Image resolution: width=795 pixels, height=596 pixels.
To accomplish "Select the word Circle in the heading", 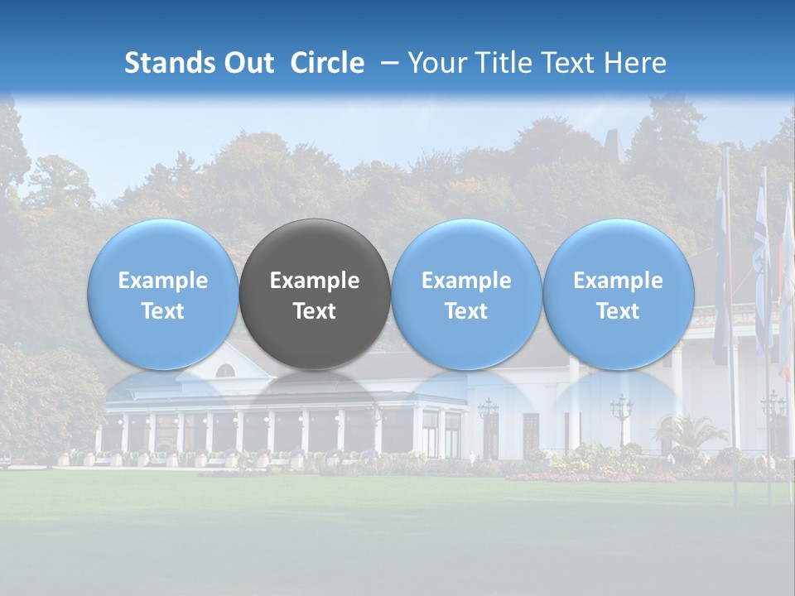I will (x=327, y=63).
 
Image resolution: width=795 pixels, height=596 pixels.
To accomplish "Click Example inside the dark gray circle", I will (x=315, y=281).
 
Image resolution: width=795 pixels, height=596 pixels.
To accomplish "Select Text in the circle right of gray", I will (x=466, y=311).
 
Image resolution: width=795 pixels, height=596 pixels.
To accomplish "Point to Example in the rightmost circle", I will (x=619, y=281).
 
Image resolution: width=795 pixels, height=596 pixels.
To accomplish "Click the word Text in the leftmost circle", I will (x=162, y=311).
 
